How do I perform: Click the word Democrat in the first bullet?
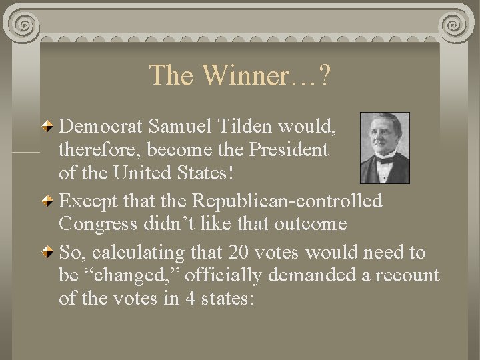[x=102, y=125]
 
